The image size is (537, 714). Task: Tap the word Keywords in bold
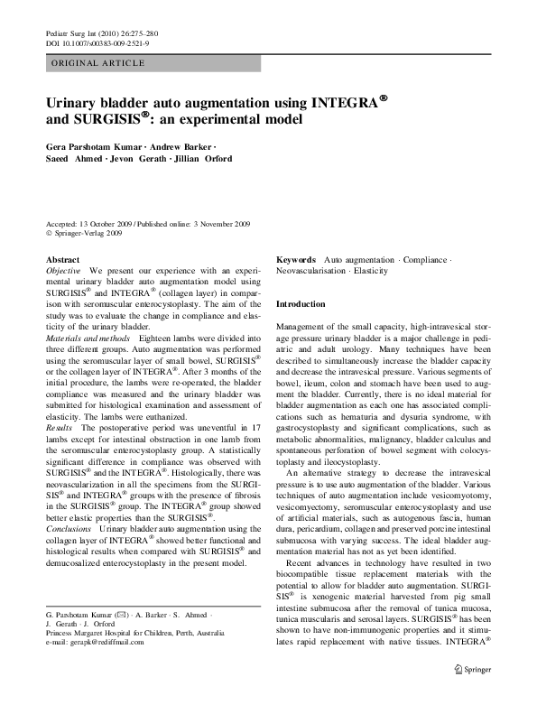tap(296, 259)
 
